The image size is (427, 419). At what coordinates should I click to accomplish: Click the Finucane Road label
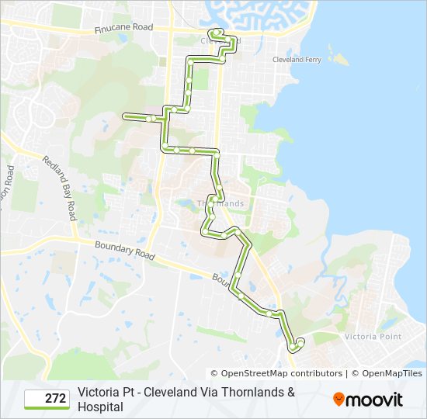coord(123,27)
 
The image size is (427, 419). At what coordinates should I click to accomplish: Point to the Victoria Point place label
coord(373,336)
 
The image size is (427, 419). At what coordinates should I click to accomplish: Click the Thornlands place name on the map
coord(220,203)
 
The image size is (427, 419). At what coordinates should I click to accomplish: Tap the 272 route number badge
coord(47,399)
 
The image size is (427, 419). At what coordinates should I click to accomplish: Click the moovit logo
coord(368,400)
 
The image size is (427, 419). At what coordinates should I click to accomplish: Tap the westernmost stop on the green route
coord(125,116)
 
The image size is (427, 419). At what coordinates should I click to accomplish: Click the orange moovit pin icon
coord(338,399)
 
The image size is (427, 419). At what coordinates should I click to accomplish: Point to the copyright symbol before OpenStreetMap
coord(214,373)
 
